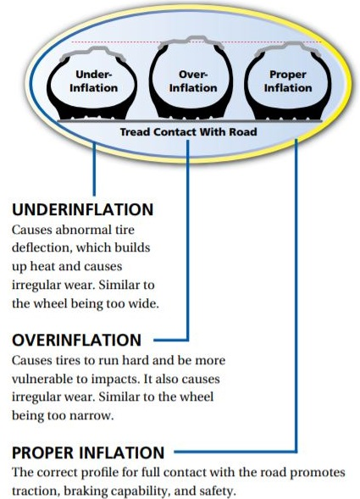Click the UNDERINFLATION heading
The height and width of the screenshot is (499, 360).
[x=83, y=209]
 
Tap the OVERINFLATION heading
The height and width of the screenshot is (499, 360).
[x=77, y=340]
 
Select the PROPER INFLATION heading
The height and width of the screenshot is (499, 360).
[x=88, y=452]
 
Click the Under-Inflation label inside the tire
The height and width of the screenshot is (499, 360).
[x=93, y=81]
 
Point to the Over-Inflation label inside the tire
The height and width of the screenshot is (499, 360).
[x=193, y=81]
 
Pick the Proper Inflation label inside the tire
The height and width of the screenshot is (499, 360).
[x=288, y=81]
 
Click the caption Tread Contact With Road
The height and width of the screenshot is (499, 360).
[x=188, y=132]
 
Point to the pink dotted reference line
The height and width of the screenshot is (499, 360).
[x=196, y=42]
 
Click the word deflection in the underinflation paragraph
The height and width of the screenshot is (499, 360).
[x=41, y=247]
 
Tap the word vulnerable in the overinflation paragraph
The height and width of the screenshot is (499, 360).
[x=45, y=379]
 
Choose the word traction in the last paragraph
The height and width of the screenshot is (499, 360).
[x=35, y=491]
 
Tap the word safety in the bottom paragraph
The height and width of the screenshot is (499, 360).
[x=219, y=491]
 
